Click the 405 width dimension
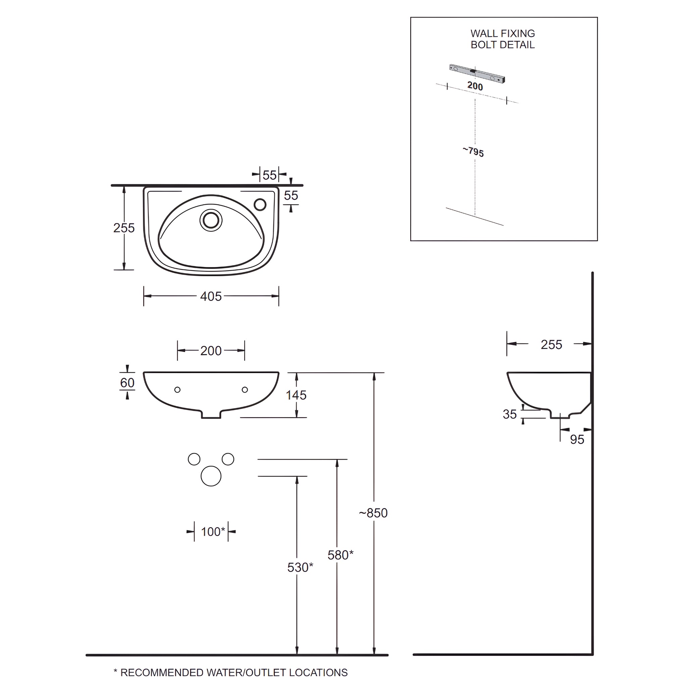pyautogui.click(x=211, y=296)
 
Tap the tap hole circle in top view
pyautogui.click(x=260, y=205)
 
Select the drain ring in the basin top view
pyautogui.click(x=211, y=220)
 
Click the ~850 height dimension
pyautogui.click(x=373, y=513)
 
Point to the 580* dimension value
pyautogui.click(x=340, y=555)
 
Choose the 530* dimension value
pyautogui.click(x=300, y=567)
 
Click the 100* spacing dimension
pyautogui.click(x=213, y=532)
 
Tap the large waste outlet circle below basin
pyautogui.click(x=211, y=476)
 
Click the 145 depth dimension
pyautogui.click(x=296, y=395)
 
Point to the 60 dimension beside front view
pyautogui.click(x=127, y=383)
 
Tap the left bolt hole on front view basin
pyautogui.click(x=177, y=390)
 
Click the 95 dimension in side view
pyautogui.click(x=577, y=440)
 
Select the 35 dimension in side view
pyautogui.click(x=510, y=414)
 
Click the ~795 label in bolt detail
pyautogui.click(x=473, y=152)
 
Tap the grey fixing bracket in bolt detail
pyautogui.click(x=477, y=73)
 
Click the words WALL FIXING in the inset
pyautogui.click(x=503, y=34)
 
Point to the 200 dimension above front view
pyautogui.click(x=211, y=351)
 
